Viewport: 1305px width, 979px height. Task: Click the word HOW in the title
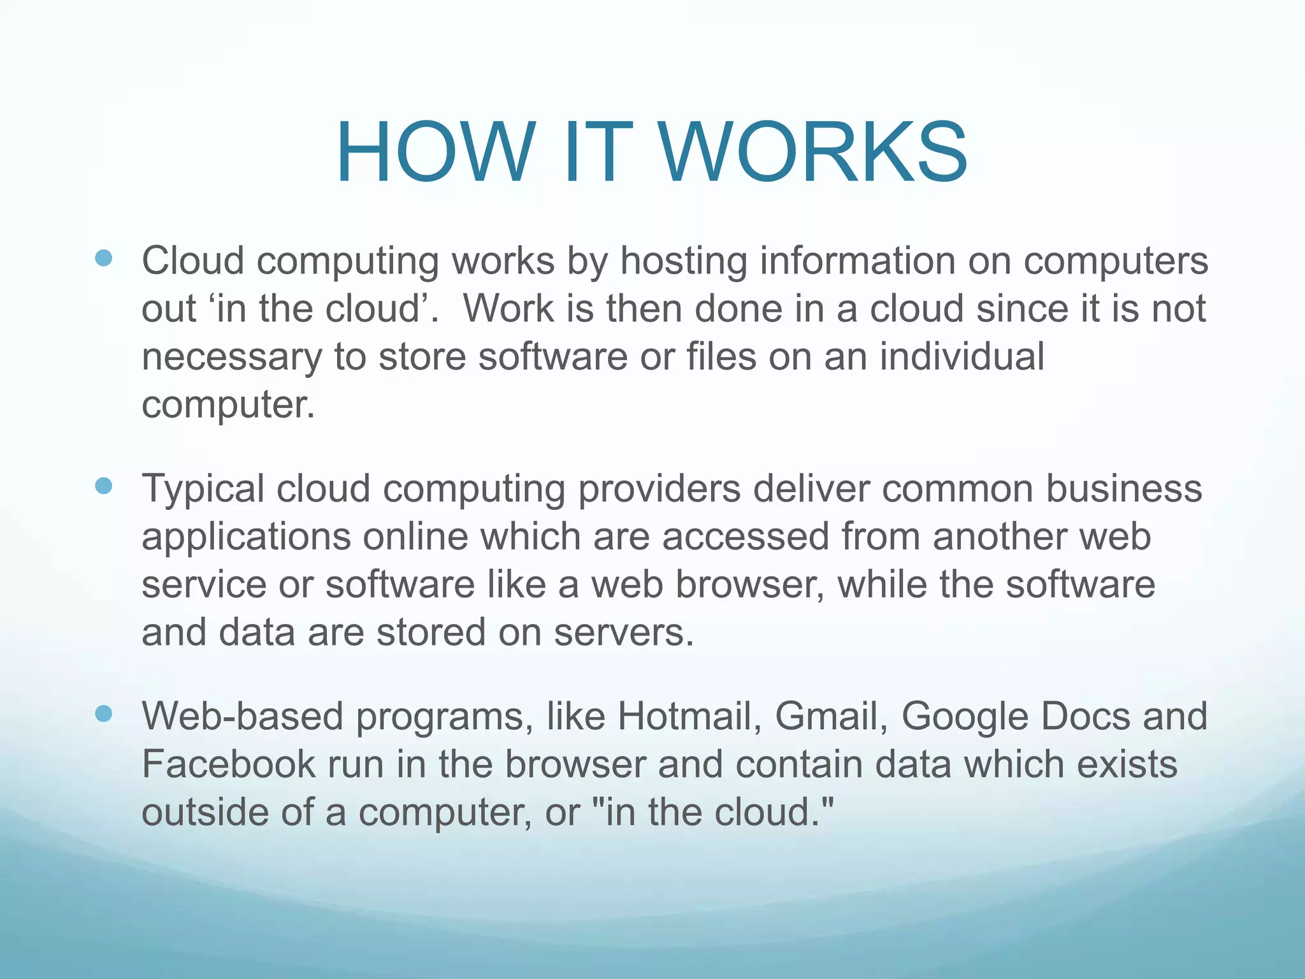pos(434,152)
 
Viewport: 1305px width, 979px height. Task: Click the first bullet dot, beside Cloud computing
pos(103,257)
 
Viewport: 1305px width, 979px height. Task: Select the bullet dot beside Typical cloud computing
pos(103,486)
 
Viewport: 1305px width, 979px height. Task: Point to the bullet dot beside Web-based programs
pos(103,713)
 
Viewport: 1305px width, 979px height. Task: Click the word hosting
pos(684,261)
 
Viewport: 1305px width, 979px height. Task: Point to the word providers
pos(660,489)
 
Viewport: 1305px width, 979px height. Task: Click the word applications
pos(246,537)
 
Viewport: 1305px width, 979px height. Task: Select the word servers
pos(623,633)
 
